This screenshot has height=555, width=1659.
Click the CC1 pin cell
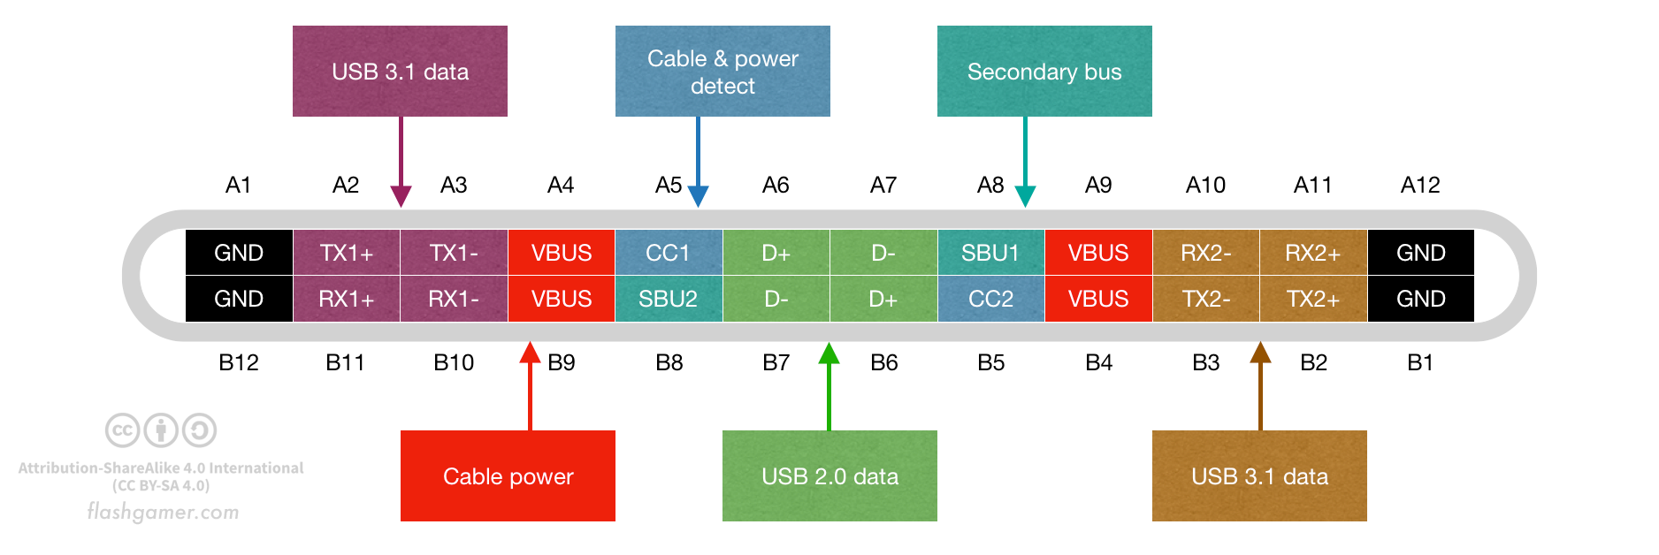(669, 253)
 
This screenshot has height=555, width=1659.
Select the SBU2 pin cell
(669, 299)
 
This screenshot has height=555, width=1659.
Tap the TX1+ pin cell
(347, 253)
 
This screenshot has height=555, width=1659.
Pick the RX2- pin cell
(1206, 253)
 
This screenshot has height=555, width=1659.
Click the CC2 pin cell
(990, 299)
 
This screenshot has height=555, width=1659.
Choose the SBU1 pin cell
(990, 253)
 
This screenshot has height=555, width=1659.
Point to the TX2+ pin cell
(1313, 299)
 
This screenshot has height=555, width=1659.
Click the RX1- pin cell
(454, 299)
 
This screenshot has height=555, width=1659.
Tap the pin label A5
(669, 185)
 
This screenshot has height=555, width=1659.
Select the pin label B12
(239, 362)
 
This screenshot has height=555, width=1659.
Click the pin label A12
(1420, 185)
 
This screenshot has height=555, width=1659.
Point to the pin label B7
(776, 362)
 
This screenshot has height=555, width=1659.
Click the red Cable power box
(508, 475)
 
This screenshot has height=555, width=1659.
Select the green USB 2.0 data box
(829, 475)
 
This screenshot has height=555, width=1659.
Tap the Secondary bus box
(1044, 71)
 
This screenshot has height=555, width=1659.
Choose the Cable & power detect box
(722, 71)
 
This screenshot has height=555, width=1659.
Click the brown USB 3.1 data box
(1259, 475)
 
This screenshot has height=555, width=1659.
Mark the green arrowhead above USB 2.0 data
(829, 354)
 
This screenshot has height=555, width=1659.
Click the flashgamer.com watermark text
(164, 512)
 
